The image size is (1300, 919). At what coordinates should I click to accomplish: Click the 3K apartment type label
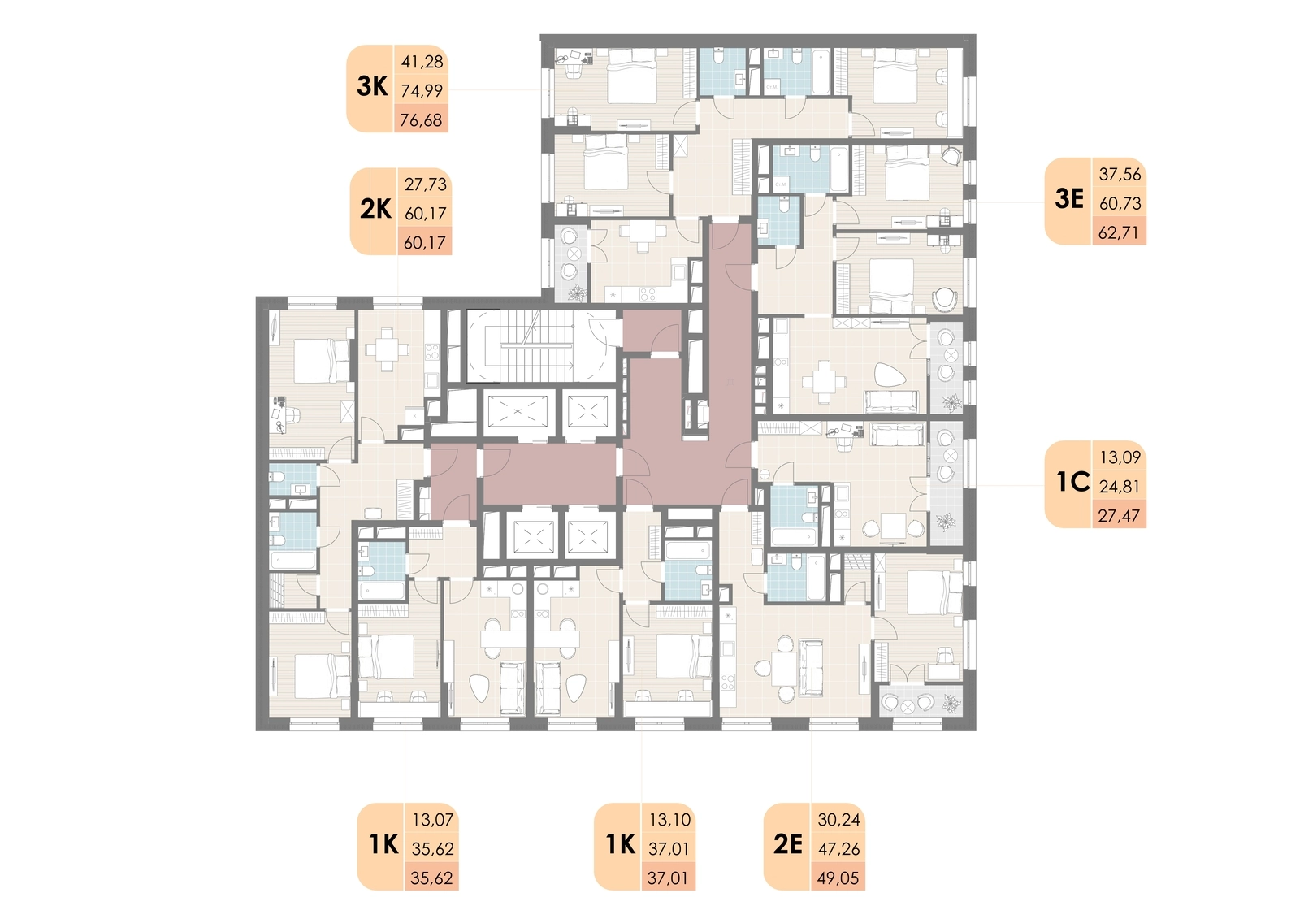pos(372,87)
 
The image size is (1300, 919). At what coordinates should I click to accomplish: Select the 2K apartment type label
pos(375,210)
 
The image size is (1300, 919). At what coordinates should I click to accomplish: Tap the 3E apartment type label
pos(1069,200)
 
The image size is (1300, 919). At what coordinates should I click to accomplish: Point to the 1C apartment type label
pos(1072,483)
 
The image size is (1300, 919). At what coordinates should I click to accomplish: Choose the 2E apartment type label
pos(787,845)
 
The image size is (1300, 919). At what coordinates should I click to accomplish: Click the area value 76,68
pos(422,120)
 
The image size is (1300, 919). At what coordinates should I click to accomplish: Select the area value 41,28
pos(422,61)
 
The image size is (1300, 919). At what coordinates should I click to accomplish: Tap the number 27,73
pos(426,184)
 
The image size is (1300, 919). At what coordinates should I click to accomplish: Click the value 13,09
pos(1120,457)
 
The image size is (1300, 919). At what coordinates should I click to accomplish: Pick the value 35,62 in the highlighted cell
pos(431,878)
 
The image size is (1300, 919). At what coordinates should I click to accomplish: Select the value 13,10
pos(669,820)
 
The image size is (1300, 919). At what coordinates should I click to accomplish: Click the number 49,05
pos(838,878)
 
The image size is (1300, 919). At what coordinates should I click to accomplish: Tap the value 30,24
pos(839,820)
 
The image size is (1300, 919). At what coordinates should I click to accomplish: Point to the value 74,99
pos(422,90)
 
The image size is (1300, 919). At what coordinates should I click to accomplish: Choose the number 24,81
pos(1120,487)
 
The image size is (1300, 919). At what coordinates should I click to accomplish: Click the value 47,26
pos(839,849)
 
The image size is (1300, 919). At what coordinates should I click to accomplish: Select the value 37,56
pos(1120,174)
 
